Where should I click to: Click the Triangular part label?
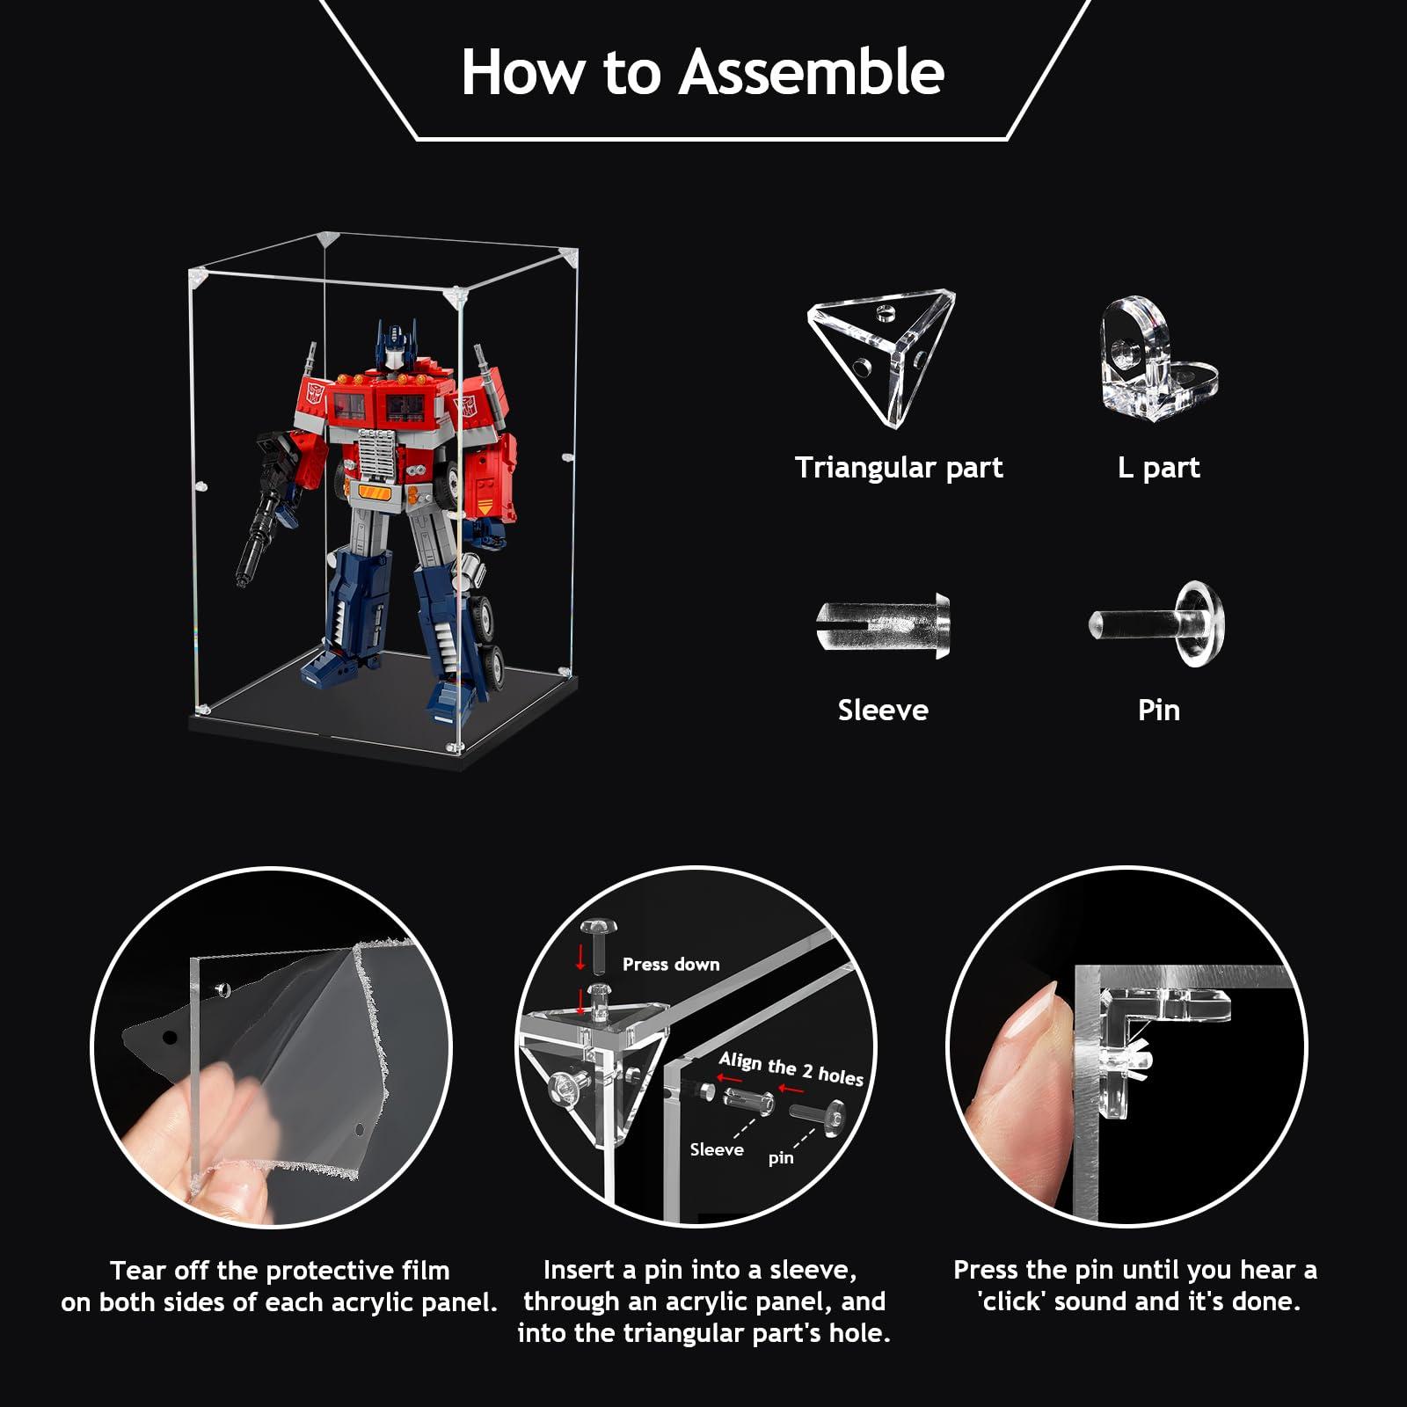(x=898, y=468)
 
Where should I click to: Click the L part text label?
(x=1158, y=468)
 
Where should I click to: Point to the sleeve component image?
(x=883, y=623)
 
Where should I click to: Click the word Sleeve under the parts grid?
(x=883, y=711)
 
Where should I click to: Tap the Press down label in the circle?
(x=671, y=965)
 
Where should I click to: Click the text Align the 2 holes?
(x=791, y=1069)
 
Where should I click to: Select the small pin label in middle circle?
(x=781, y=1158)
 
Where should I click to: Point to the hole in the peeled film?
(x=170, y=1038)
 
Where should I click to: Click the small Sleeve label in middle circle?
(x=716, y=1149)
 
